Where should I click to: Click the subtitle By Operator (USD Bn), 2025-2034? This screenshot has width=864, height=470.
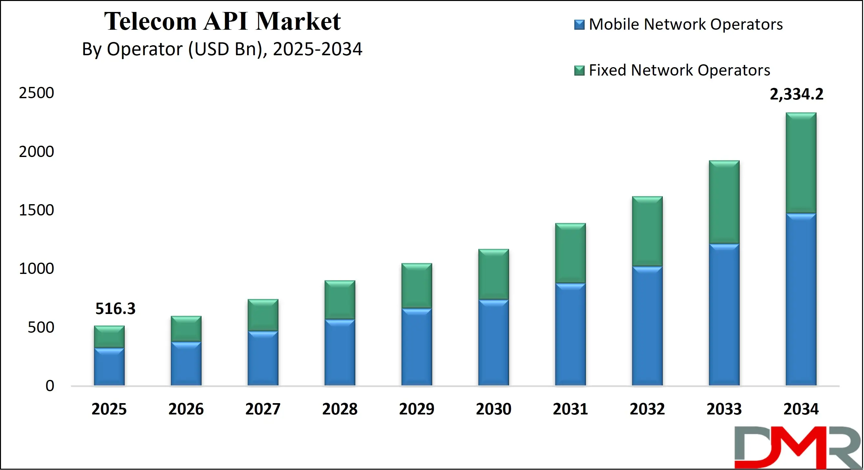pyautogui.click(x=222, y=49)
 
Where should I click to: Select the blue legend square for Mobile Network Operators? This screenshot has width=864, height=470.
pyautogui.click(x=579, y=25)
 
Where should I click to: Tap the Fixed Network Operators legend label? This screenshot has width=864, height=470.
pyautogui.click(x=679, y=70)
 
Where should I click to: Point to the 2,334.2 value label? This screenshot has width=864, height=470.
pyautogui.click(x=796, y=94)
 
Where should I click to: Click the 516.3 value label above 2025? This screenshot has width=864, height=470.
pyautogui.click(x=115, y=308)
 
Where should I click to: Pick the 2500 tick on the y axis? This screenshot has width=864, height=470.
pyautogui.click(x=36, y=93)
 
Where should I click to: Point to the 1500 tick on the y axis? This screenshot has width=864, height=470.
pyautogui.click(x=36, y=210)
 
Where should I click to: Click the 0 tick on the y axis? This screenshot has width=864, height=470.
pyautogui.click(x=50, y=386)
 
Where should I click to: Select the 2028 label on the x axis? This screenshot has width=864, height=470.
pyautogui.click(x=340, y=409)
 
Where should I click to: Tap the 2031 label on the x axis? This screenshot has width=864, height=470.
pyautogui.click(x=570, y=409)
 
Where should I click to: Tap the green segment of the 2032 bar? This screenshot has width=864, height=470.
pyautogui.click(x=647, y=232)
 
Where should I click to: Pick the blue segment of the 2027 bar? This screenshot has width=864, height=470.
pyautogui.click(x=263, y=358)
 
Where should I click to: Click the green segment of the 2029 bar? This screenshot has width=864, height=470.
pyautogui.click(x=417, y=286)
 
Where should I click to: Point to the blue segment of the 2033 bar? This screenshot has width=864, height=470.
pyautogui.click(x=724, y=315)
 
